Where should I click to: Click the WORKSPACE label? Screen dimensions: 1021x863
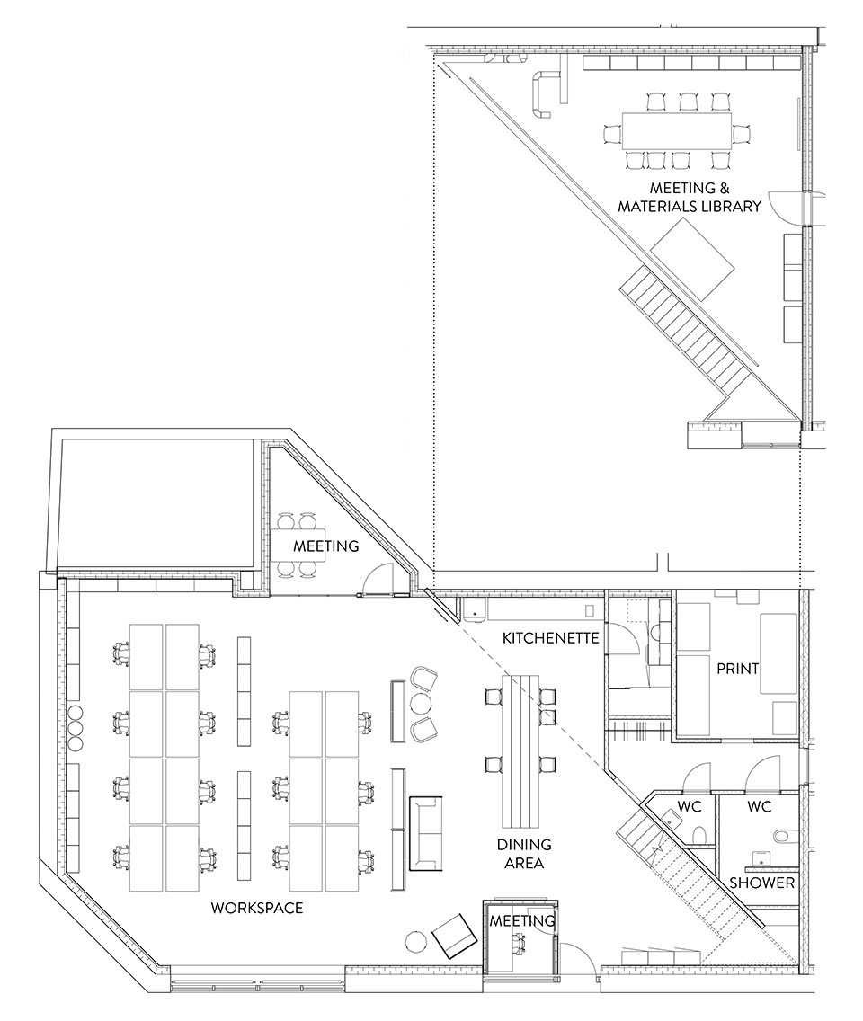coord(256,908)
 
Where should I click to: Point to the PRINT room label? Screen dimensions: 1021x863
coord(737,669)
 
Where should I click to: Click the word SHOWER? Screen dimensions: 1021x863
coord(761,882)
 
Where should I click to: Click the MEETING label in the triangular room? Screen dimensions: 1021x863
coord(325,546)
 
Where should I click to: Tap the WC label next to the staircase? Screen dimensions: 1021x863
coord(690,806)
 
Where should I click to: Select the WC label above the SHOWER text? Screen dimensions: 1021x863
coord(760,806)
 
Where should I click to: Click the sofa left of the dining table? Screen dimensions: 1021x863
coord(427,834)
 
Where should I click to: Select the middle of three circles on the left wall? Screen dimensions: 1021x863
coord(75,727)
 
